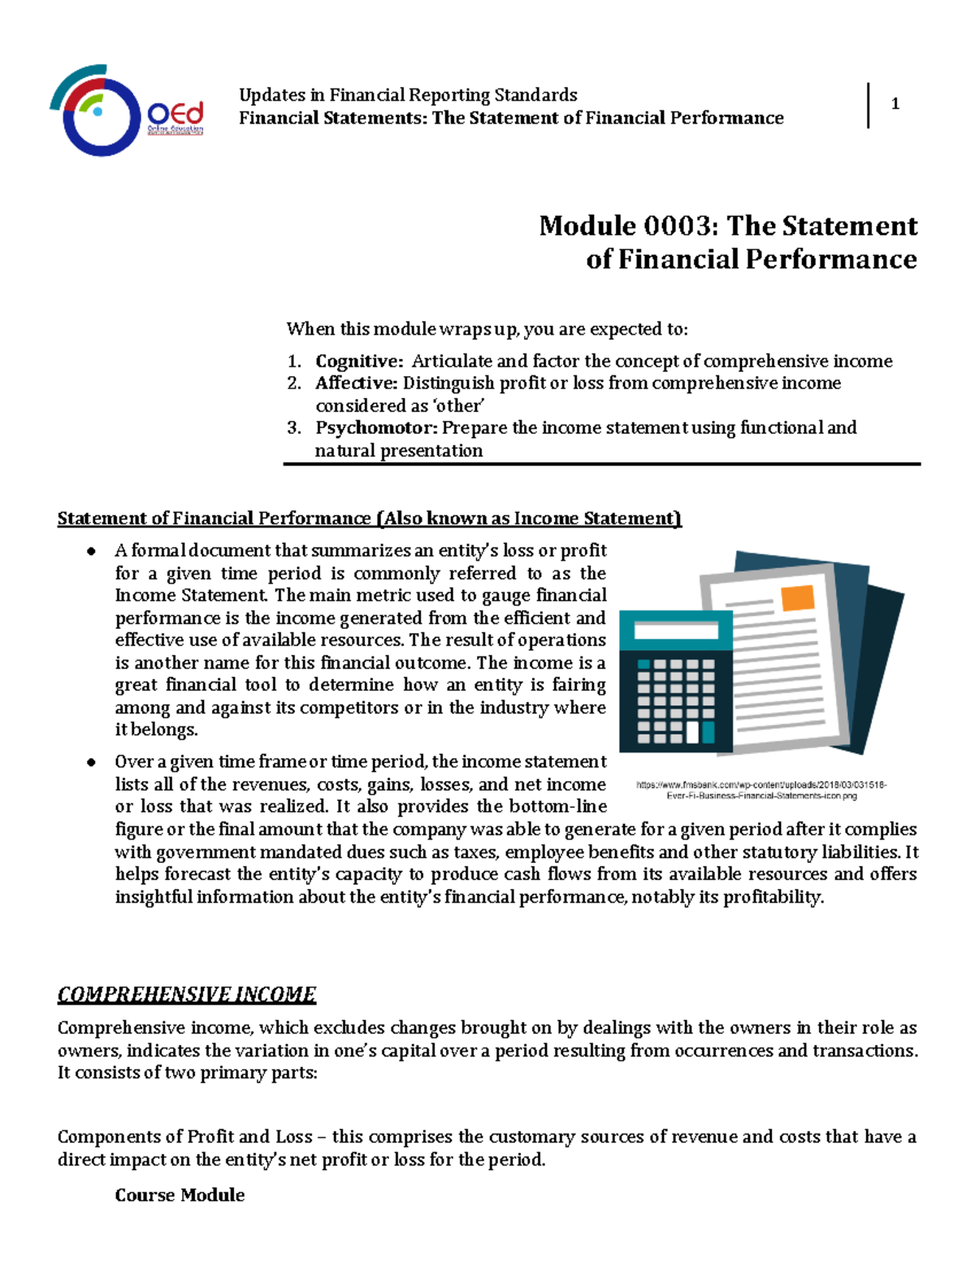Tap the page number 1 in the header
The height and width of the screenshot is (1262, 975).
pos(895,104)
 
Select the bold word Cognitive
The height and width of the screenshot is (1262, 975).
pos(358,361)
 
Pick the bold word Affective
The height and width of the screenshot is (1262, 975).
pos(356,383)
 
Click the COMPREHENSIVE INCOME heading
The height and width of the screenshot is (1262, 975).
pos(186,994)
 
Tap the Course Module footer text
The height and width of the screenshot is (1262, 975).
pos(180,1195)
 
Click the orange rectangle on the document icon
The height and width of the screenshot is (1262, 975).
pos(796,597)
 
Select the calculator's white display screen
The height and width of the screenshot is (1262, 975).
pos(675,631)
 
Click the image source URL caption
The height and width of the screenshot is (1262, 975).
pos(761,791)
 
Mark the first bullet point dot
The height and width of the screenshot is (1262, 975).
pos(92,552)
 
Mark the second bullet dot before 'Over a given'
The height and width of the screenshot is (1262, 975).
pos(92,762)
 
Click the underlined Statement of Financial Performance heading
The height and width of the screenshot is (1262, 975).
pos(370,518)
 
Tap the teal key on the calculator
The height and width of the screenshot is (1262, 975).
pos(708,732)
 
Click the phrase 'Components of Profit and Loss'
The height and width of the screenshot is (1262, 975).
pos(184,1136)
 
